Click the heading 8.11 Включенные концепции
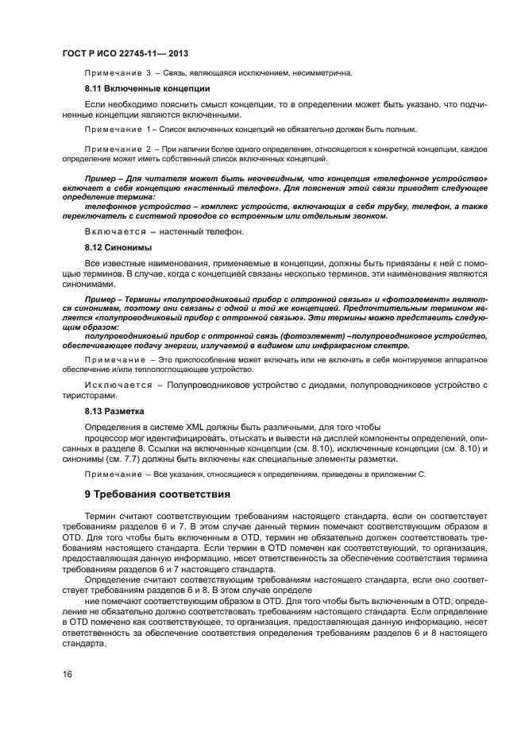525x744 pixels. (x=147, y=88)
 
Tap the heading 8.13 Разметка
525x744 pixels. (x=114, y=412)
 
